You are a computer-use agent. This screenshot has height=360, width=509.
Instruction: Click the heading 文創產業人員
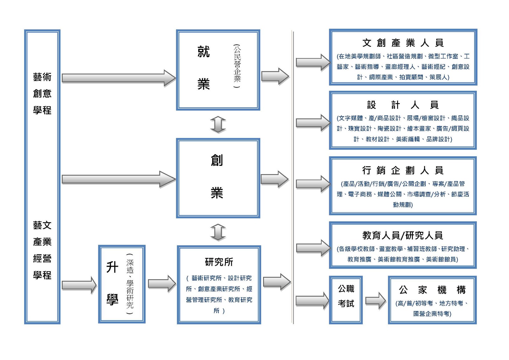click(x=403, y=43)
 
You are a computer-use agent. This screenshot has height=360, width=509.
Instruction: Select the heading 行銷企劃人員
click(x=403, y=170)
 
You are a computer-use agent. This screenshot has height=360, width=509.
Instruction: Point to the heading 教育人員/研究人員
click(x=403, y=236)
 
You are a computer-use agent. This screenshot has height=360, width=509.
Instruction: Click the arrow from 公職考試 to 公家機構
click(x=375, y=300)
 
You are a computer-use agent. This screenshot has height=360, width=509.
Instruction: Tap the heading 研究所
click(x=219, y=262)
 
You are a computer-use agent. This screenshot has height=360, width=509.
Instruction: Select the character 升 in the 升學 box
click(x=112, y=267)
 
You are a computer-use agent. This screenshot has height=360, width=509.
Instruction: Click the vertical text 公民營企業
click(x=237, y=66)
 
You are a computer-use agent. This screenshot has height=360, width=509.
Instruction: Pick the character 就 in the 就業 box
click(x=204, y=52)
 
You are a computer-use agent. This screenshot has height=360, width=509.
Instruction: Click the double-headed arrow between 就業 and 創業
click(x=218, y=124)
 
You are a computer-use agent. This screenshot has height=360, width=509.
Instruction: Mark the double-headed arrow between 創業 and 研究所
click(x=218, y=232)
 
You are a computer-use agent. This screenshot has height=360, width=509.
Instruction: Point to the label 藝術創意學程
click(x=42, y=93)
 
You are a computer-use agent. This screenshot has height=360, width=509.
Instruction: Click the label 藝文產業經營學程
click(x=42, y=250)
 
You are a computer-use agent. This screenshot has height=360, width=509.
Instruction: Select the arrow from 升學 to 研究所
click(x=162, y=283)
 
